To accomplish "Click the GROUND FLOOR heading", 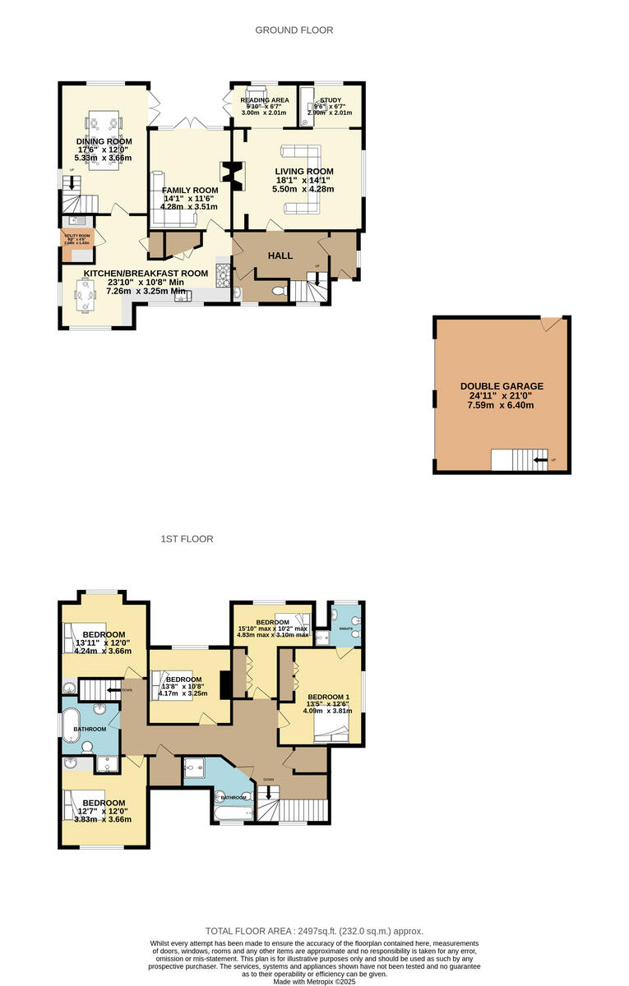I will click(294, 30).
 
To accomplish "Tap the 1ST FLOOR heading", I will click(187, 539).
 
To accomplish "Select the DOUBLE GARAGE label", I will click(502, 386).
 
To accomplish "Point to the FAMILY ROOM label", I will click(190, 190).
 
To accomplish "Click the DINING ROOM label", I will click(104, 141).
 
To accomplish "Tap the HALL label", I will click(280, 256).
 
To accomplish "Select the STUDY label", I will click(331, 100).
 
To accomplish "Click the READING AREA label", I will click(265, 100).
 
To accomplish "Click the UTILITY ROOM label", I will click(78, 235).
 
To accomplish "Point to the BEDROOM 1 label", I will click(329, 697).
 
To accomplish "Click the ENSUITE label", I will click(346, 629).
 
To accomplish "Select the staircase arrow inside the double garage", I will click(539, 460).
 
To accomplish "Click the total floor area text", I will click(314, 931).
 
